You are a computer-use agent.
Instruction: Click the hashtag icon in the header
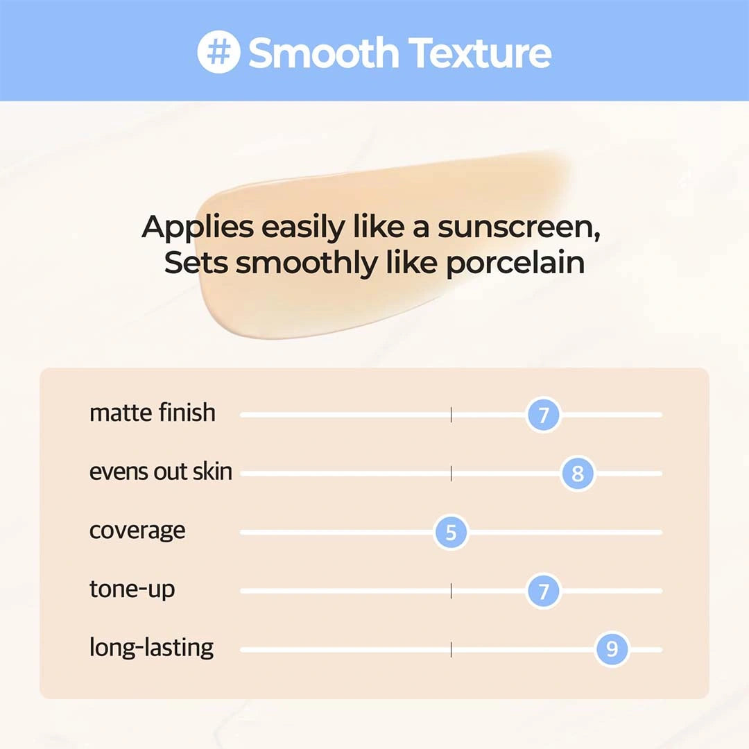tap(218, 52)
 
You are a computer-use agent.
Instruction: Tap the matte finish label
tap(153, 413)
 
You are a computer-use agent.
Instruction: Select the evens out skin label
tap(161, 472)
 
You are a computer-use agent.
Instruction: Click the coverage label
tap(137, 531)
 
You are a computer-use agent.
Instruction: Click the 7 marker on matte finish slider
tap(543, 415)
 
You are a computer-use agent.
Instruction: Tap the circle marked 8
tap(578, 474)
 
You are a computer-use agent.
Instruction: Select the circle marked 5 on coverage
tap(451, 533)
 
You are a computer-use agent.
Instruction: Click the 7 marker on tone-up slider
tap(543, 592)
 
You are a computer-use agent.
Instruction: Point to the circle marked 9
tap(612, 650)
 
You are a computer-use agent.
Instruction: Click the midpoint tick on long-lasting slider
tap(451, 650)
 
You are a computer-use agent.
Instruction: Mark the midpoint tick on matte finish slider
tap(451, 415)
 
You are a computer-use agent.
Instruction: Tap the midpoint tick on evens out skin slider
tap(451, 474)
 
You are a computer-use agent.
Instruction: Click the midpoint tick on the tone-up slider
tap(451, 591)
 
